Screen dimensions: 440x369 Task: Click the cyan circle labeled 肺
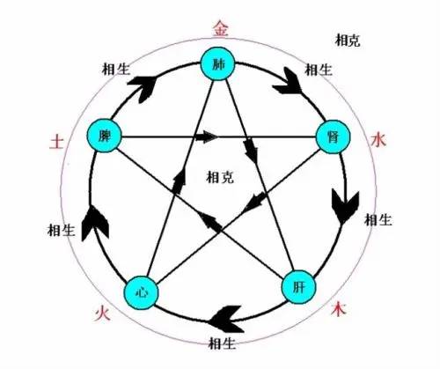[217, 63]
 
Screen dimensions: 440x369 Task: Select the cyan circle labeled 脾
[104, 136]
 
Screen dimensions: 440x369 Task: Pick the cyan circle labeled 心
[141, 292]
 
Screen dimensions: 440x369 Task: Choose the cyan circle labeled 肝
[299, 287]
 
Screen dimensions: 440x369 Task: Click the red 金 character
[221, 28]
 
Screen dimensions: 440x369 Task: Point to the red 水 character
[378, 139]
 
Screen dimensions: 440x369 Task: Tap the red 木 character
[339, 308]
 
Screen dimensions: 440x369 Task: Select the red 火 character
[102, 314]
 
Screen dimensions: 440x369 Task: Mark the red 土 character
[56, 141]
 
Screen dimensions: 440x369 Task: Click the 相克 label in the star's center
[220, 177]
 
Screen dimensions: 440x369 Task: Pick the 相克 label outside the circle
[348, 40]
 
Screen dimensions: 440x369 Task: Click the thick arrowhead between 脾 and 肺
[143, 87]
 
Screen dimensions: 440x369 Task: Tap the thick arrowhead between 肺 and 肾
[288, 81]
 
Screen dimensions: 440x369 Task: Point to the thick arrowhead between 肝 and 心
[228, 319]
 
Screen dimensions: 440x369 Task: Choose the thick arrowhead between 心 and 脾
[94, 223]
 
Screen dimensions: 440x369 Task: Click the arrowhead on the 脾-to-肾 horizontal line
[207, 137]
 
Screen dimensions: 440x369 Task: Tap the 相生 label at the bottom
[222, 343]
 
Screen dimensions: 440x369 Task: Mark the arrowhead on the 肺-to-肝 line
[251, 151]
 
